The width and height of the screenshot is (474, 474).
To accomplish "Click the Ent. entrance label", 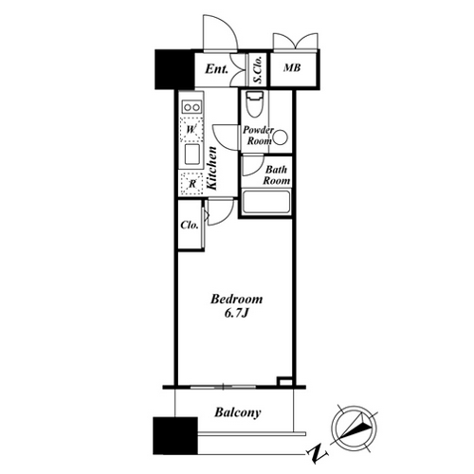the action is (216, 69).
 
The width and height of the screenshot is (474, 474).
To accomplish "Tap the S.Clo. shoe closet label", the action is (258, 70).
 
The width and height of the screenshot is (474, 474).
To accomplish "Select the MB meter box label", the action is (292, 67).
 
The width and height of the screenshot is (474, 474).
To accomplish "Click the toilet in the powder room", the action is (254, 104).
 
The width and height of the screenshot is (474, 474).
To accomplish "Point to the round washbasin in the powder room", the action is (281, 137).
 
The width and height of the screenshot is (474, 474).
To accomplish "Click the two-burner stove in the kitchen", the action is (191, 107).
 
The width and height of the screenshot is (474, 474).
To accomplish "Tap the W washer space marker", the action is (191, 129).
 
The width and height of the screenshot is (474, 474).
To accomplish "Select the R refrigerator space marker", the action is (191, 184).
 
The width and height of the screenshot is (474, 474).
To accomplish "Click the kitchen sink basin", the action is (192, 155).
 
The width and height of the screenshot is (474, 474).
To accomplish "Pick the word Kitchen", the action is (211, 169).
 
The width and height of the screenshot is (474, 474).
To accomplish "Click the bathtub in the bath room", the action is (265, 202).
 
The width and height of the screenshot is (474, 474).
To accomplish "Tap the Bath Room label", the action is (277, 175).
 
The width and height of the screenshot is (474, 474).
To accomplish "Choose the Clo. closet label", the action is (190, 225).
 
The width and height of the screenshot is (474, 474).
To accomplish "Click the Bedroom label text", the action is (237, 299).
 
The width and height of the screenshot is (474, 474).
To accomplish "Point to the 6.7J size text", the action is (237, 313).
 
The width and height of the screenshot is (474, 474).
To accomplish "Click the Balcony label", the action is (238, 412).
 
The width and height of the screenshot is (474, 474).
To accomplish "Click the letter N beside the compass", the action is (317, 454).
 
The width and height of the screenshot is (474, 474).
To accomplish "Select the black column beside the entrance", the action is (174, 69).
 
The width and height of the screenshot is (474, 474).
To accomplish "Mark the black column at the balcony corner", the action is (175, 436).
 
